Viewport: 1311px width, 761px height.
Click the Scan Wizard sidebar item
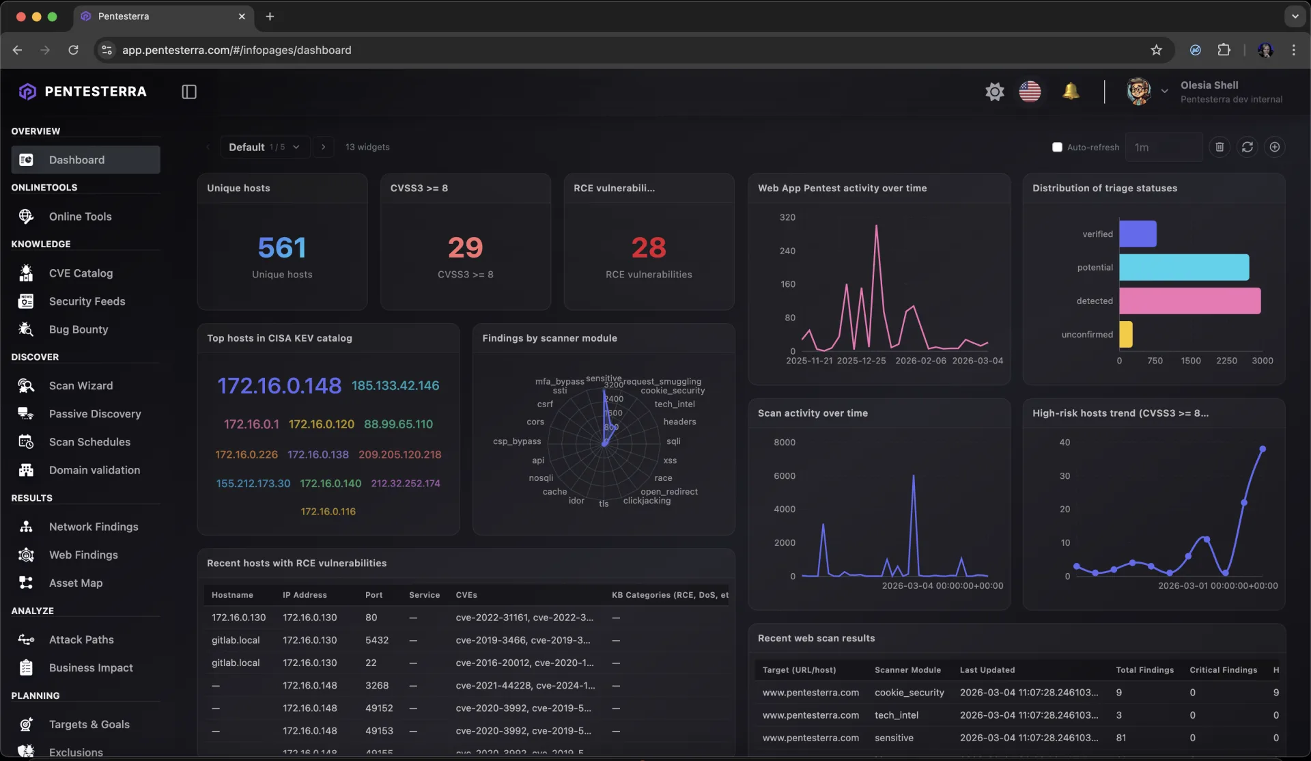tap(81, 386)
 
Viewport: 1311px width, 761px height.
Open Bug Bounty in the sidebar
tap(78, 329)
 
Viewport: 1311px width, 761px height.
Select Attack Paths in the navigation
tap(81, 639)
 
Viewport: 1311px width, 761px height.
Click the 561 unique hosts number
tap(282, 247)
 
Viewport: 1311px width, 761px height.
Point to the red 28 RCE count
tap(648, 247)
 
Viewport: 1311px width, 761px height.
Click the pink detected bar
tap(1189, 301)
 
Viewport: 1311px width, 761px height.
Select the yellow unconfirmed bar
tap(1125, 334)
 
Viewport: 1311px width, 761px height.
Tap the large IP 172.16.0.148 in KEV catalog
tap(279, 386)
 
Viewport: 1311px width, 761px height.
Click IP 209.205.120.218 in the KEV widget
tap(399, 454)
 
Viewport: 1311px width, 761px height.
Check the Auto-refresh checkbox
tap(1057, 147)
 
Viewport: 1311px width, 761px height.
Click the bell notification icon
tap(1070, 91)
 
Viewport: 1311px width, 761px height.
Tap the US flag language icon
tap(1030, 91)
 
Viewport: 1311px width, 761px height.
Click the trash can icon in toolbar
tap(1220, 147)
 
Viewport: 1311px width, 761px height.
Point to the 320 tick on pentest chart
tap(787, 217)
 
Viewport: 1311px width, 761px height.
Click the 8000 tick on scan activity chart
tap(784, 442)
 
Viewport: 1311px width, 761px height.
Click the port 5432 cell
tap(376, 640)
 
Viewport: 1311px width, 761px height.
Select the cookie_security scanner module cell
tap(909, 693)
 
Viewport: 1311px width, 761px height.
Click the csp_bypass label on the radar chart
tap(516, 441)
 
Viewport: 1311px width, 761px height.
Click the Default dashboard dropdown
tap(264, 147)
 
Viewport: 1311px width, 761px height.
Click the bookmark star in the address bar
tap(1156, 50)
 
